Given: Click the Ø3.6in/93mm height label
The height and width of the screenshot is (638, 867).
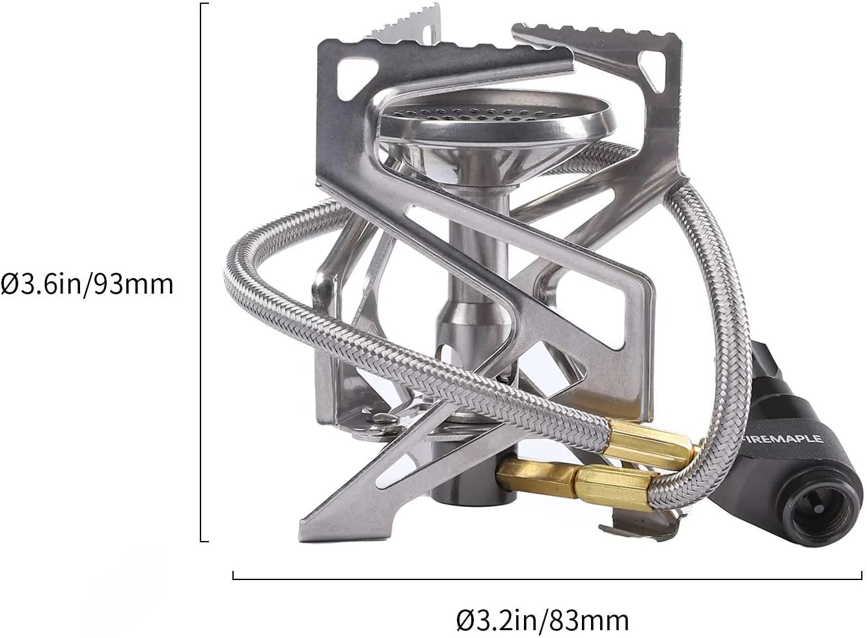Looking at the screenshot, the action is pyautogui.click(x=87, y=284).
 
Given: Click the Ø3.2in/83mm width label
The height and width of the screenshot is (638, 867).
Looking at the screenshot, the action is pyautogui.click(x=543, y=621).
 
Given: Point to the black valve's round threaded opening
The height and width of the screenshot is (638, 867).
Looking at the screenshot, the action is pyautogui.click(x=816, y=514).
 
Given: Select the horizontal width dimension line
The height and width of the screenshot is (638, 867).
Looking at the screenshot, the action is pyautogui.click(x=547, y=579).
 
